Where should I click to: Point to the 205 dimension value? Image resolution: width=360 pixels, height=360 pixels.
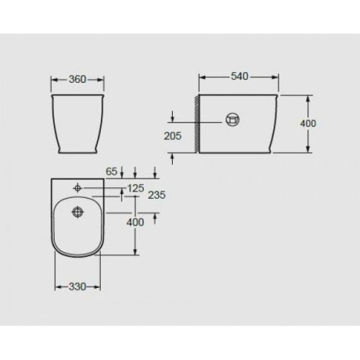[x=173, y=136]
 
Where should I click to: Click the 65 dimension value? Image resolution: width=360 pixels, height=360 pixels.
[x=111, y=171]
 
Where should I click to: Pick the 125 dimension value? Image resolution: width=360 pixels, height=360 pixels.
[x=135, y=189]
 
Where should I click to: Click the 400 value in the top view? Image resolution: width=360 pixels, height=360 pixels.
[x=135, y=222]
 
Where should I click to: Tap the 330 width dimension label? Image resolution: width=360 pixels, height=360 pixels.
[x=77, y=286]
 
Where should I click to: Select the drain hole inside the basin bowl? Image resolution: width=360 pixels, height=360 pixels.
[x=78, y=212]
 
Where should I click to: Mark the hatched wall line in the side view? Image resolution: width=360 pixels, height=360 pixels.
[x=197, y=122]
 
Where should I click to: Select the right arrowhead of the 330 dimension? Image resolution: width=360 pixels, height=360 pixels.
[x=100, y=286]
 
